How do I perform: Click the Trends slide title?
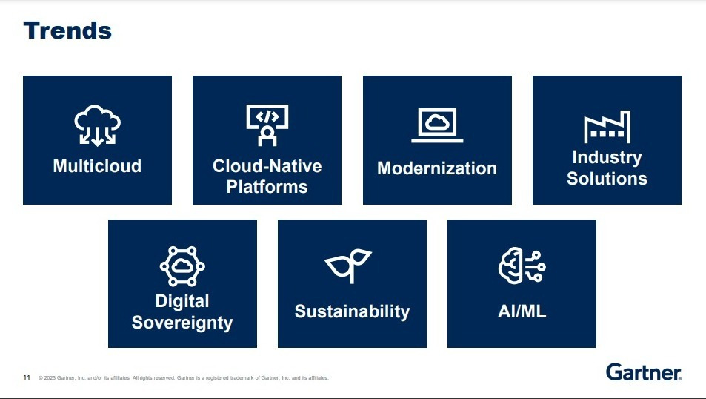point(67,30)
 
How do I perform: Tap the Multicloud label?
point(97,166)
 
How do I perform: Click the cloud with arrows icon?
point(97,126)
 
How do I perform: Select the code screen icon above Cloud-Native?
point(267,125)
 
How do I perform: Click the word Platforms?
point(267,187)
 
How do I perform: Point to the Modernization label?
point(437,168)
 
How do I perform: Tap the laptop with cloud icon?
point(437,125)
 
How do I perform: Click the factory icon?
point(607,127)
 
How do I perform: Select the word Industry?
point(607,157)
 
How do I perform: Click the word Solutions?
point(607,179)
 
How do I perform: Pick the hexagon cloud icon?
point(182,266)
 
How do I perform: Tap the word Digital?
point(182,301)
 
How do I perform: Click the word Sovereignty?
point(182,323)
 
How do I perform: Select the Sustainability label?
point(352,311)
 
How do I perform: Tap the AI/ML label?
point(522,311)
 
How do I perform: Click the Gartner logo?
point(644,372)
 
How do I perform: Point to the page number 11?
point(27,377)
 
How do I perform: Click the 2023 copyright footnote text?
point(184,377)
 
